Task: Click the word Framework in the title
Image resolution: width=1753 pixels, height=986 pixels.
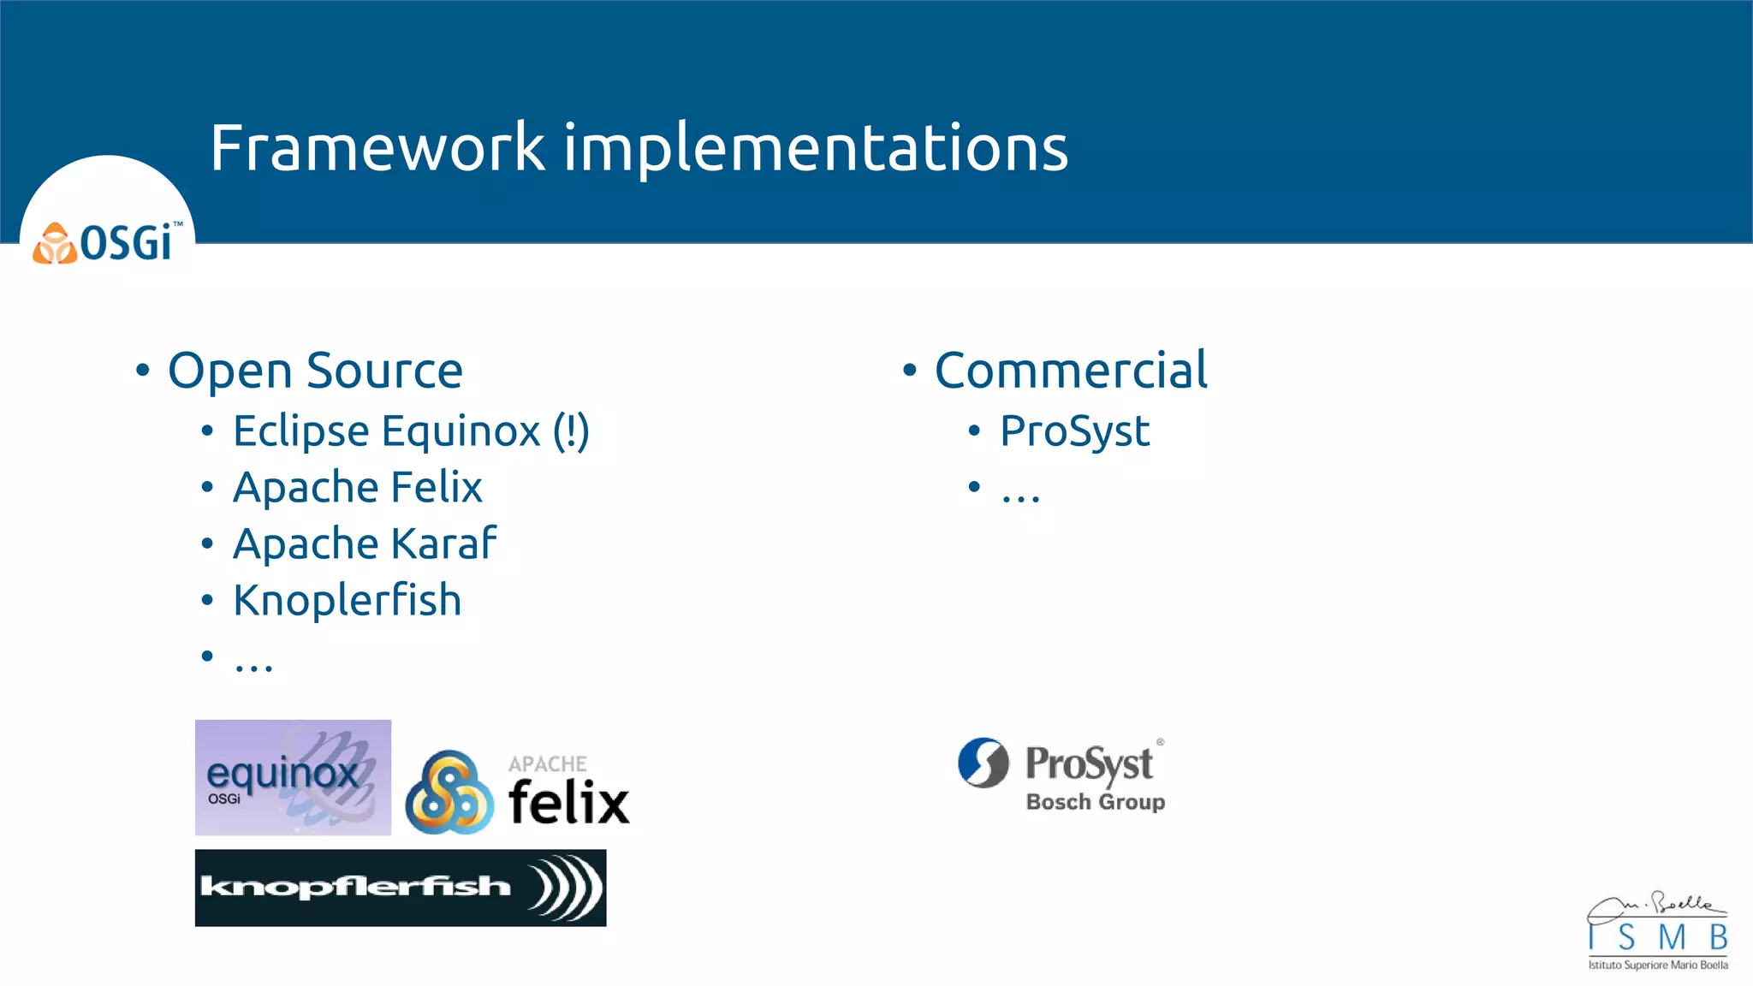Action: [377, 147]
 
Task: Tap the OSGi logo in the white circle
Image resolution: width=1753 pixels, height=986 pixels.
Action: [108, 243]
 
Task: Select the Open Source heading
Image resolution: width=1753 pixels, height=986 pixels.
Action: [315, 371]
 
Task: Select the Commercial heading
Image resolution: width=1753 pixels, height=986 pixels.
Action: [1070, 371]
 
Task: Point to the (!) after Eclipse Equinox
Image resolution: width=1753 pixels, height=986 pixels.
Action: [571, 431]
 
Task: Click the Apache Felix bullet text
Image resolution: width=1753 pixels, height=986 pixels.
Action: [357, 487]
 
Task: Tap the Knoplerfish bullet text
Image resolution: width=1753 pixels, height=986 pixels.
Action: [347, 600]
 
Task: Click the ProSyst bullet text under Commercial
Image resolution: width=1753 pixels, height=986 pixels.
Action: [1074, 431]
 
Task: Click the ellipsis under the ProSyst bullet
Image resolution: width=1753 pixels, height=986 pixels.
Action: [1020, 495]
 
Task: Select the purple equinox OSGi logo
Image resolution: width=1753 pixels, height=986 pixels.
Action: [293, 777]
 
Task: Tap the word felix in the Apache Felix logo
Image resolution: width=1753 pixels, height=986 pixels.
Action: [568, 803]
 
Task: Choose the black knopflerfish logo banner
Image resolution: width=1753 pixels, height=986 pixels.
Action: [400, 888]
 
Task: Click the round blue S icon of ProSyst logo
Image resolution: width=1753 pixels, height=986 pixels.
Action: [983, 762]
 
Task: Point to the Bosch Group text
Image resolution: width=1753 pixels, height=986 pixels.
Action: [1095, 802]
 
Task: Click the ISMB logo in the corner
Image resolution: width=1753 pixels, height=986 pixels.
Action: [1657, 933]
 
